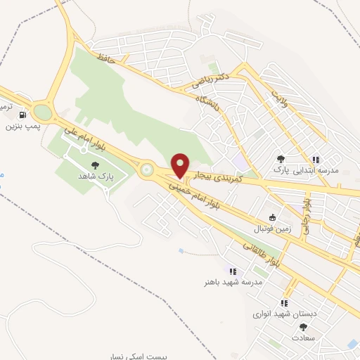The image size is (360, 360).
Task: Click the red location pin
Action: coord(180,165)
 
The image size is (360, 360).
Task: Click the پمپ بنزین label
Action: coord(22,127)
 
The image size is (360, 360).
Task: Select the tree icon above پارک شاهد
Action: coord(96,164)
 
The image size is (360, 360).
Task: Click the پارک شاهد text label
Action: coord(96,174)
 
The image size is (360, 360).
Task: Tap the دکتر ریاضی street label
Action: coord(211,82)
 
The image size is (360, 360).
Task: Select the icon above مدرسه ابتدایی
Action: coord(316,160)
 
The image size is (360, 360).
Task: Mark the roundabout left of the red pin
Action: coord(147,169)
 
